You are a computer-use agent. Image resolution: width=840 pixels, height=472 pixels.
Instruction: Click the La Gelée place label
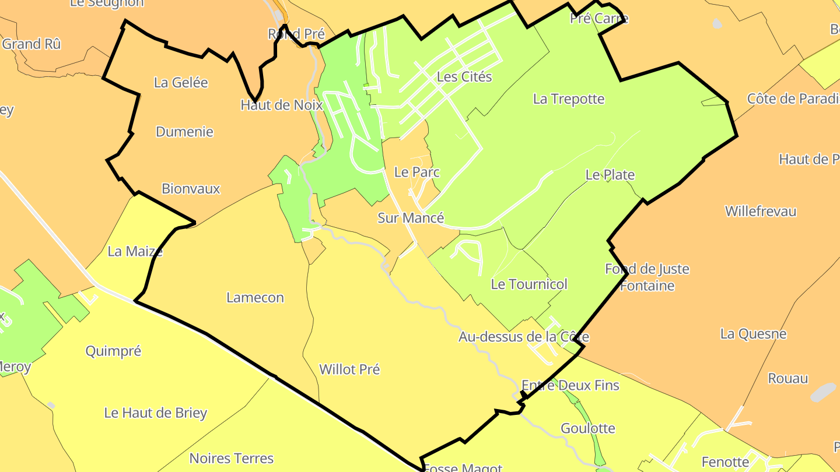point(181,83)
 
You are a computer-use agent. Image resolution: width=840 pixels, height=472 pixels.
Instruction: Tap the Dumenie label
point(184,132)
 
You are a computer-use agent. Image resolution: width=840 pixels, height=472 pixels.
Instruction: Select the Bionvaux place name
point(191,189)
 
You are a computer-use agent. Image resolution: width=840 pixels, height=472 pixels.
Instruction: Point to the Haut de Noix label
point(281,105)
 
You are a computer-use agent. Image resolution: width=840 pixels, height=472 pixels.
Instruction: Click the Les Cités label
point(464,77)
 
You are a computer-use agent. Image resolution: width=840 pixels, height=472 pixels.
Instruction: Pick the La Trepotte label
point(569,99)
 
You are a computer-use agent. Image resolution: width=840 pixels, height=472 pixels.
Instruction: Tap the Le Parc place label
point(416,172)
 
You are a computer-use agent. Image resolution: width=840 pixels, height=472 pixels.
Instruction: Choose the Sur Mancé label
point(411,218)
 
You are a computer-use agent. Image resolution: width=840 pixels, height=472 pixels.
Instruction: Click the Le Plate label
point(610,175)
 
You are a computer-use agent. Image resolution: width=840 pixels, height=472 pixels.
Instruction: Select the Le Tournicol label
point(529,284)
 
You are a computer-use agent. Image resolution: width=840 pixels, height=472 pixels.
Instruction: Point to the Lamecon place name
point(255,298)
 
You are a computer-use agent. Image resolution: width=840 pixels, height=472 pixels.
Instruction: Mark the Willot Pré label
point(349,369)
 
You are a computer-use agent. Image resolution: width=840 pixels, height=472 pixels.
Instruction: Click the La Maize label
point(135,252)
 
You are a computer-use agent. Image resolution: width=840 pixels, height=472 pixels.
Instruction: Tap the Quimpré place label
point(113,351)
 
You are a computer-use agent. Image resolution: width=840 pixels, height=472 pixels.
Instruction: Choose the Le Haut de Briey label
point(156,413)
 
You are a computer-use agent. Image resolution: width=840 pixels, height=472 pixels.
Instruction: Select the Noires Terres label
point(232,459)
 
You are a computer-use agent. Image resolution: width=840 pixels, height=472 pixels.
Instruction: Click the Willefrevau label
point(761,212)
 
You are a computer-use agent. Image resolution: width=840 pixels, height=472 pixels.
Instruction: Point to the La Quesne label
point(753,334)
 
